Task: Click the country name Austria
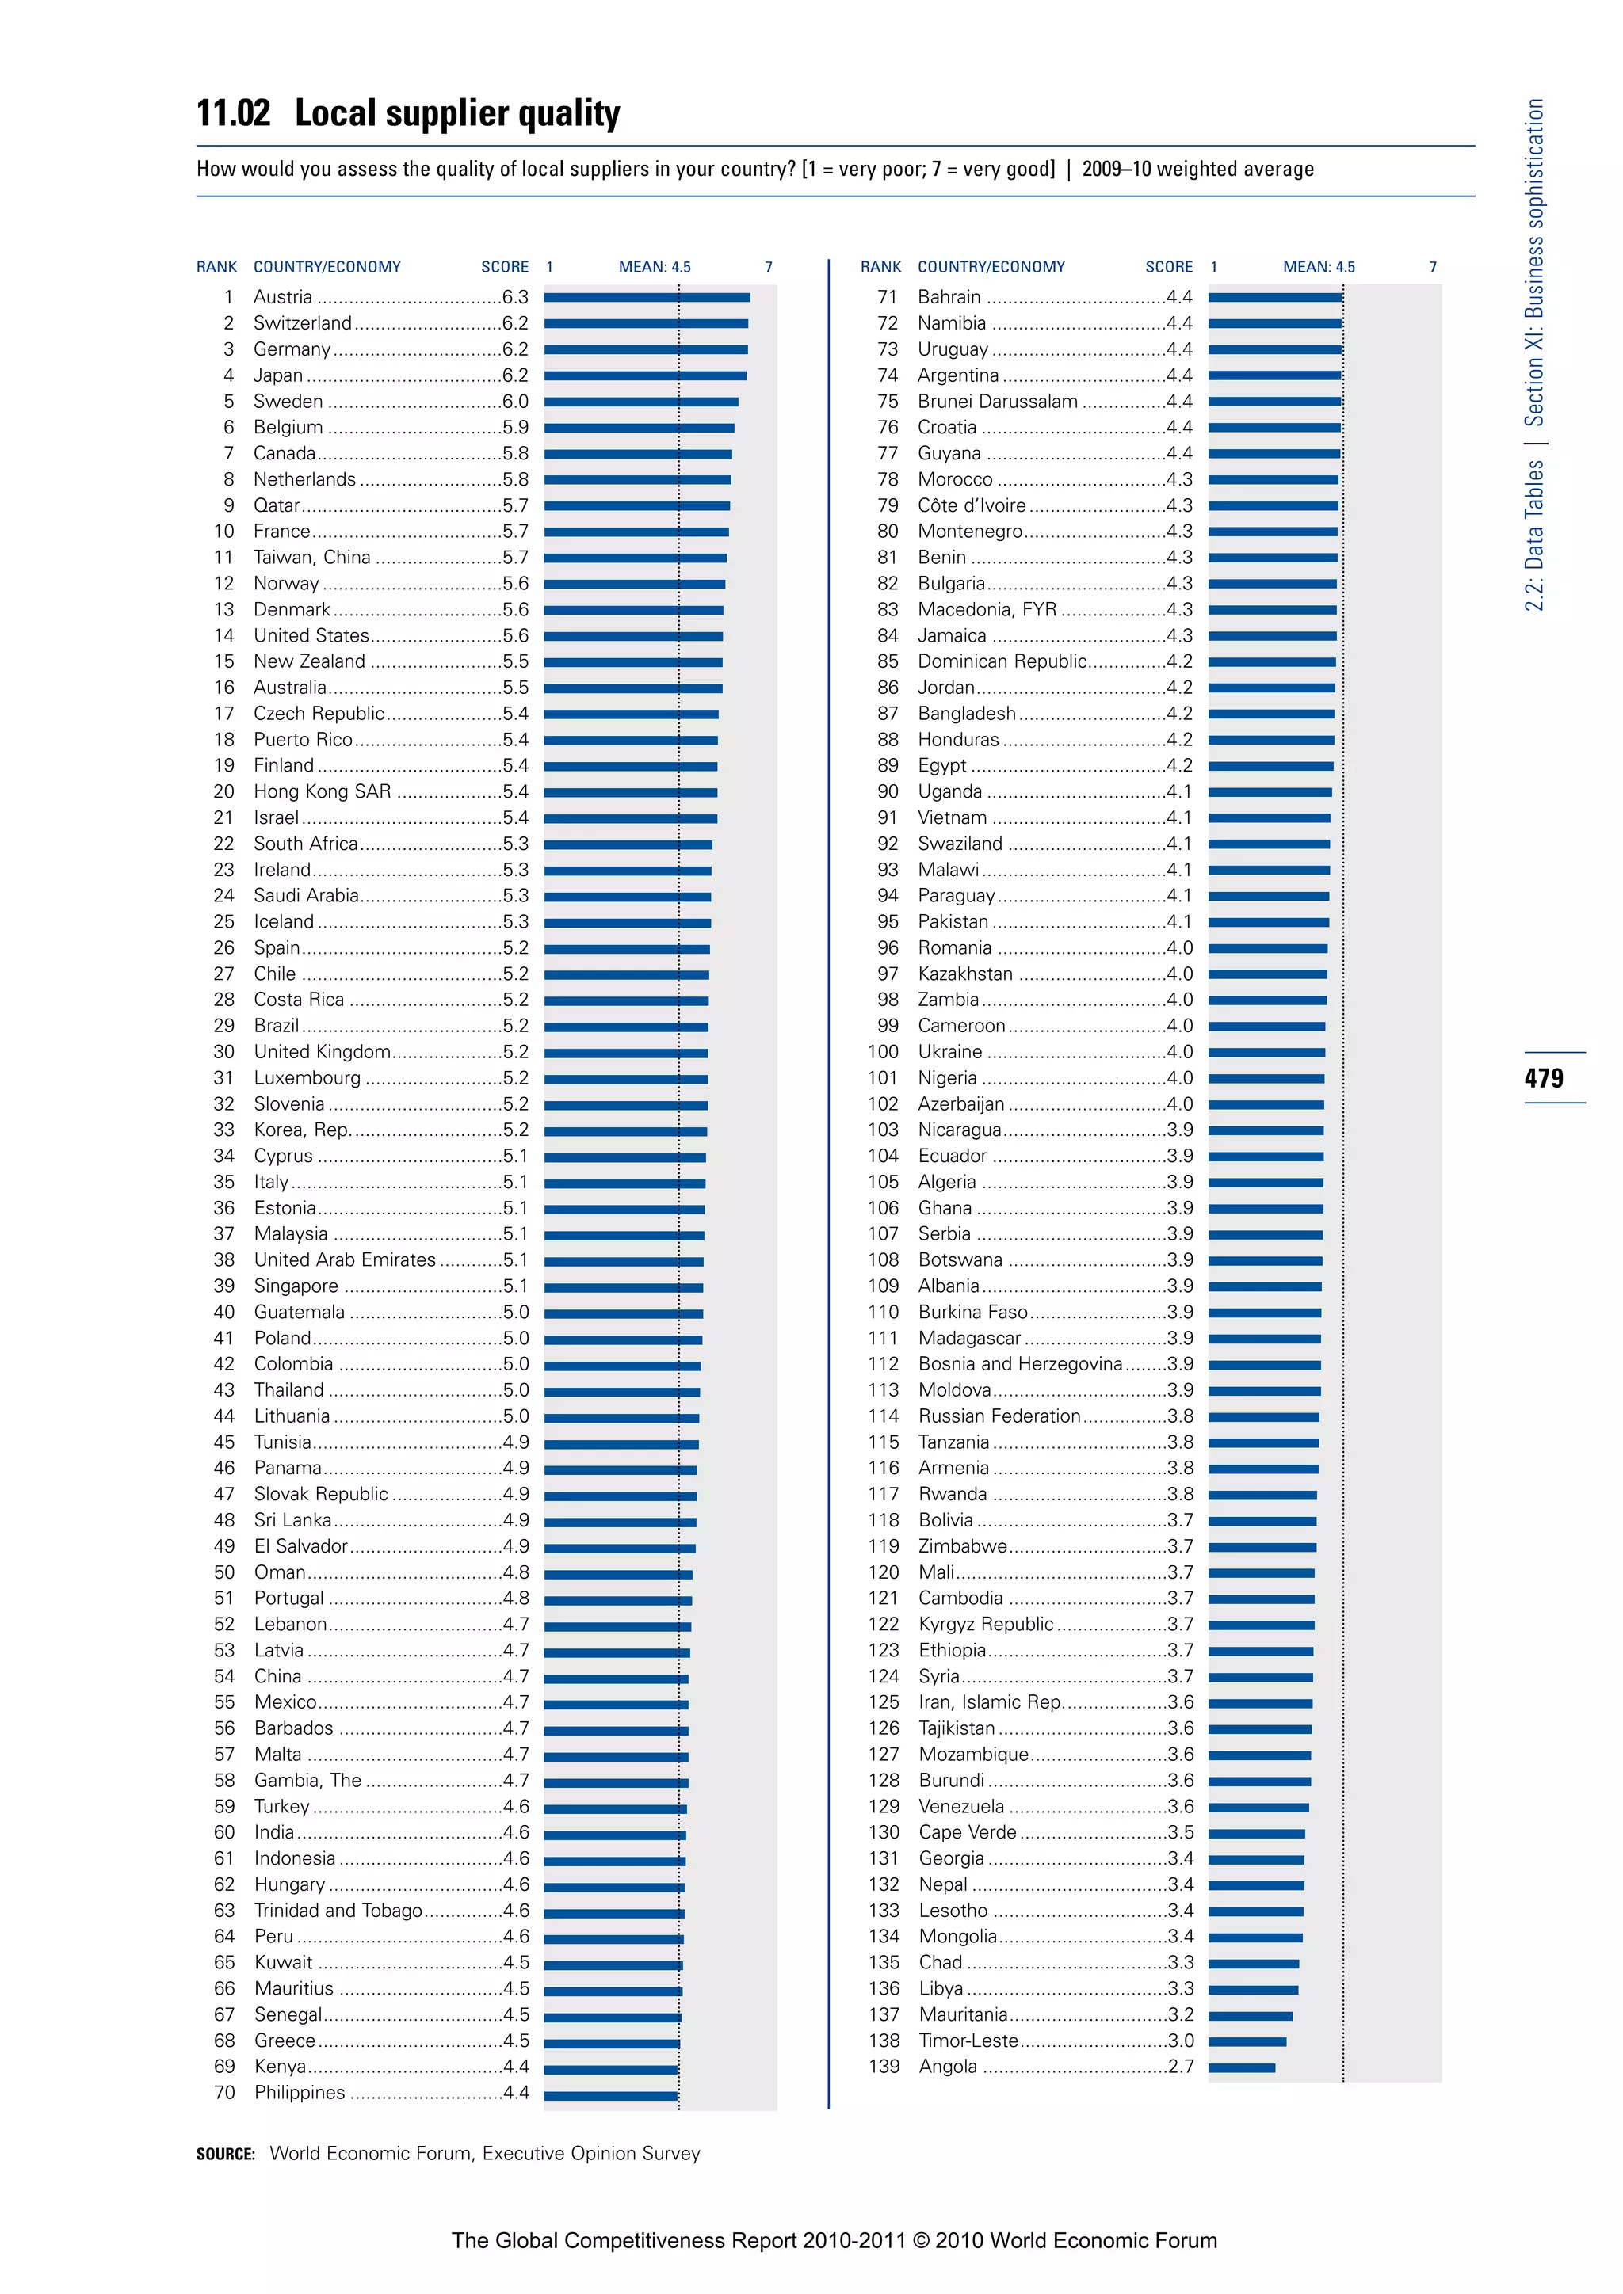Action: point(283,297)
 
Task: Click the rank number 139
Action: point(884,2066)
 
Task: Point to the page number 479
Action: point(1543,1078)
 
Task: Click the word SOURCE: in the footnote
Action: point(226,2154)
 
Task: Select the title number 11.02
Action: point(233,114)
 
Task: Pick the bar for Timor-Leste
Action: point(1247,2041)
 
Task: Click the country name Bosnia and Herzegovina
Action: point(1019,1364)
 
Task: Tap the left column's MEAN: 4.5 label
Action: point(655,267)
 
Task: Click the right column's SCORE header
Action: point(1168,267)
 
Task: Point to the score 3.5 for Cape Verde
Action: point(1180,1832)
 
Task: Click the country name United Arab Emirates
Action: point(345,1260)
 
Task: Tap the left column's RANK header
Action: point(217,267)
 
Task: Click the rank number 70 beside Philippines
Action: point(225,2092)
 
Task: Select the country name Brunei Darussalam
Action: point(998,402)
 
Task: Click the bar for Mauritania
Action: point(1251,2015)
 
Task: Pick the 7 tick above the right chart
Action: point(1432,267)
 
